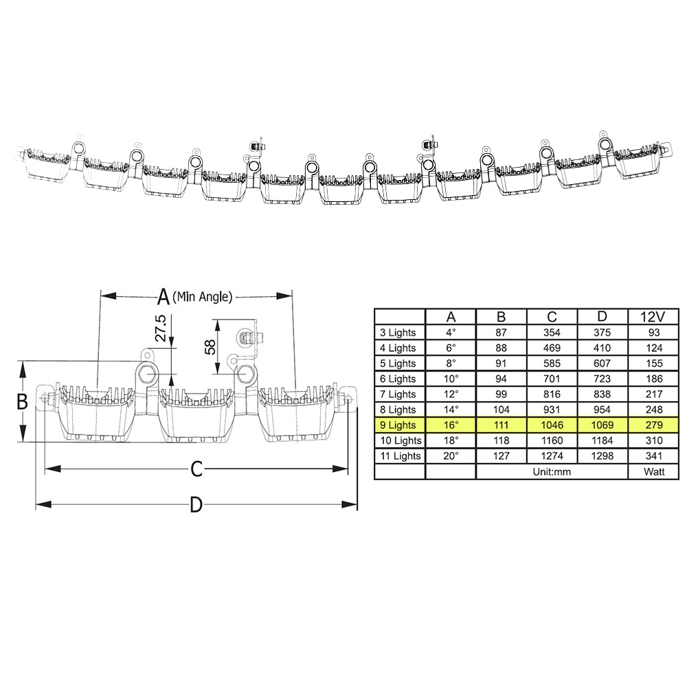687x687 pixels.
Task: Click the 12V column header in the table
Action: (653, 317)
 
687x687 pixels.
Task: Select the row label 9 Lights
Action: (398, 425)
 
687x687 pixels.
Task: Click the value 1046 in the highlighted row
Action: (552, 425)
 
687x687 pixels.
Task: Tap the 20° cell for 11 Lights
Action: (451, 456)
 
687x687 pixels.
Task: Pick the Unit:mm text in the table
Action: (552, 472)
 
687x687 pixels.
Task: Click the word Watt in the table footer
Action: (654, 472)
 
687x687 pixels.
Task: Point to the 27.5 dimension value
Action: (161, 328)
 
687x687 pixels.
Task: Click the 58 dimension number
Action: (210, 347)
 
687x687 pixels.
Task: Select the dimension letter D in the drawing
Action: (196, 505)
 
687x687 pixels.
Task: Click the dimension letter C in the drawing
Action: (196, 469)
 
